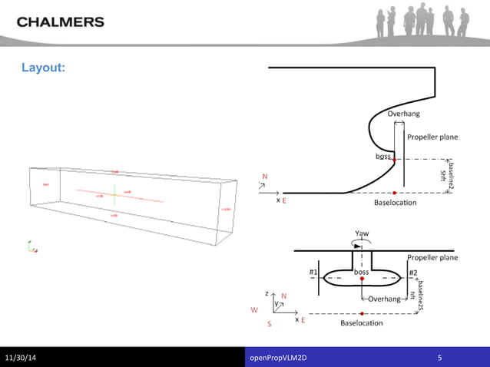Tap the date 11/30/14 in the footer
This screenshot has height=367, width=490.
(x=24, y=358)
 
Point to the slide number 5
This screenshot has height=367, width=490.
(x=439, y=358)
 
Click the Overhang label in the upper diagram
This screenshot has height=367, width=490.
(x=403, y=114)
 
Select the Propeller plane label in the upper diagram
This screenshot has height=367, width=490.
(x=432, y=137)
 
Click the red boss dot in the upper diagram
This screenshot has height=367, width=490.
(x=395, y=160)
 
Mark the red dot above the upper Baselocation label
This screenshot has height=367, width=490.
(x=395, y=192)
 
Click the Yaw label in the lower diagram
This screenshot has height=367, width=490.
(x=361, y=233)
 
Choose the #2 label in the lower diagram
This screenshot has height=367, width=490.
(x=412, y=273)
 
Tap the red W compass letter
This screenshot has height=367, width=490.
(x=254, y=310)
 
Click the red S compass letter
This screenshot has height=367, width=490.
(x=269, y=324)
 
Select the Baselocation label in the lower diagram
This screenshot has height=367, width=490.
(x=361, y=323)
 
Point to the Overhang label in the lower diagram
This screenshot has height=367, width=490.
(x=384, y=299)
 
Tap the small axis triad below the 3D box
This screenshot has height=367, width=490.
(x=32, y=247)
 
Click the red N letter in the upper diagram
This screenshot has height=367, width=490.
(x=265, y=177)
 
